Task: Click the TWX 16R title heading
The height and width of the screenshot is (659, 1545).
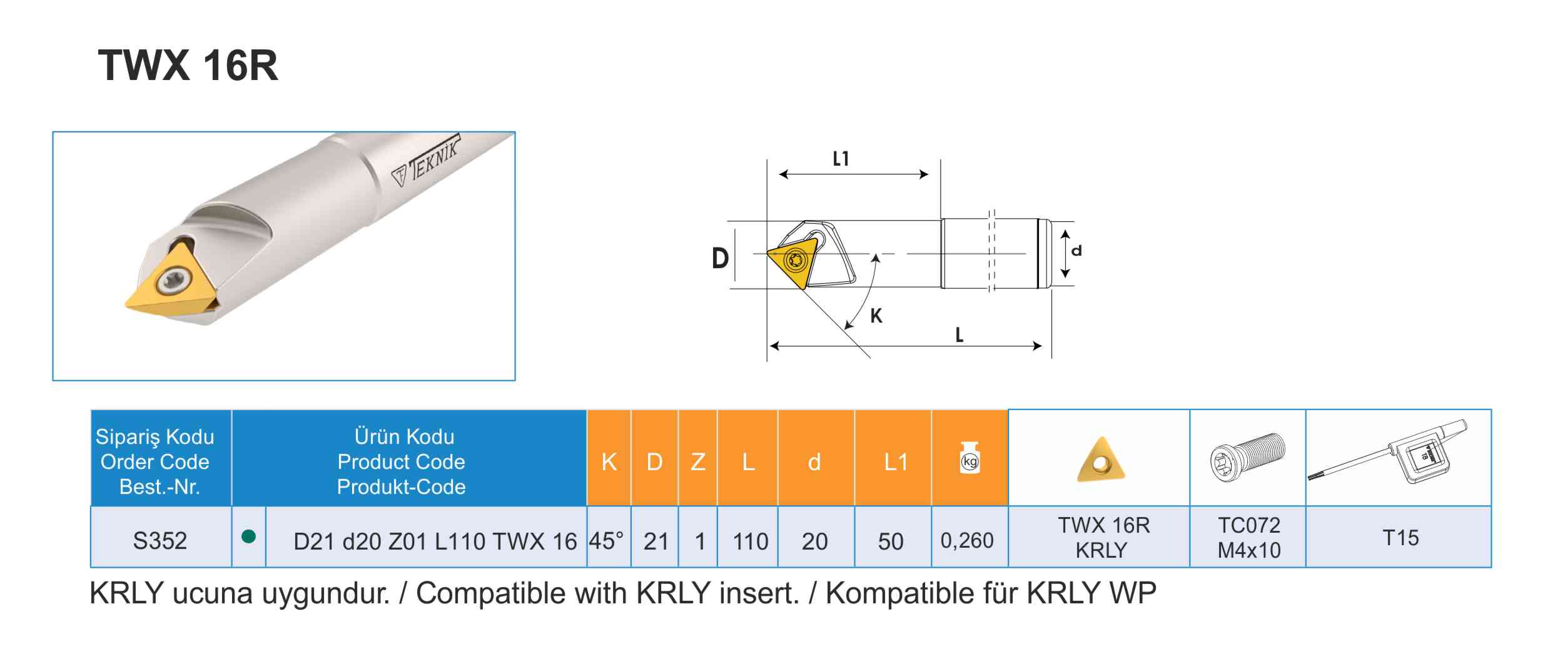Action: coord(188,66)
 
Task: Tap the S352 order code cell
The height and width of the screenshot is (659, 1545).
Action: coord(160,541)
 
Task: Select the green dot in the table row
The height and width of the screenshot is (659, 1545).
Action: coord(248,536)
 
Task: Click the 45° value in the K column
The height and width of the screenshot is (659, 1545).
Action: coord(606,541)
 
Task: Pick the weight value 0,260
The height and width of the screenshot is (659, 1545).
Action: coord(967,540)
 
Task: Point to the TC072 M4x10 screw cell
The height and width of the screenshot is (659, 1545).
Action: coord(1249,538)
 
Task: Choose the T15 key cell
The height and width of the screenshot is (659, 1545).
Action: coord(1401,538)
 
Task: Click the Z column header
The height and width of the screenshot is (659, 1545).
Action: coord(698,462)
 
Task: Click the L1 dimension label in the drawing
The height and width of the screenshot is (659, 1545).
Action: coord(841,159)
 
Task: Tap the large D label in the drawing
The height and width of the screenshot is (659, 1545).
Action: coord(721,258)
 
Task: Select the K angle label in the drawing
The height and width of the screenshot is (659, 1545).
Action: coord(876,316)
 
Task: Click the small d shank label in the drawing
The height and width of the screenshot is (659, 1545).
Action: coord(1076,251)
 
